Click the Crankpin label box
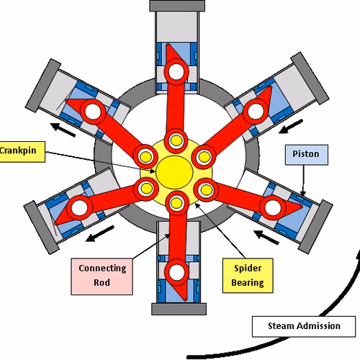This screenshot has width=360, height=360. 22,152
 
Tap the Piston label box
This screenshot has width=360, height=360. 307,155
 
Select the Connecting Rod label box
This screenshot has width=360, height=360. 102,276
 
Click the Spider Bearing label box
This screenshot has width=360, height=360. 248,276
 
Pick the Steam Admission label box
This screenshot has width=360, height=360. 304,326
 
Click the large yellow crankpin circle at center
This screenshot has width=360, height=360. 174,172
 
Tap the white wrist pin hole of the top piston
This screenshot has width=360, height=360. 176,71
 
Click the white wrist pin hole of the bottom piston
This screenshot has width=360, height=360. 177,272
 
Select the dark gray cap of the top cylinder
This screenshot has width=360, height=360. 177,6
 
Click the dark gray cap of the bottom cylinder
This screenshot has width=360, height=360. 179,309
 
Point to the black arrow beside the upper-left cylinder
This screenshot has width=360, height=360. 63,130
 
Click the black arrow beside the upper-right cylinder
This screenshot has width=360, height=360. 291,126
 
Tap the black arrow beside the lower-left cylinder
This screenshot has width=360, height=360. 100,233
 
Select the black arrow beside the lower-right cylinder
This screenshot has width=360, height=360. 266,238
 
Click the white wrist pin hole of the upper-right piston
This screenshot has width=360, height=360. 256,112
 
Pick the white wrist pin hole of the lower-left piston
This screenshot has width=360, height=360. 79,208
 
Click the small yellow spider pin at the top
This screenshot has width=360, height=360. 176,140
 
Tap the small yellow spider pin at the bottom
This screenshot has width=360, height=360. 176,203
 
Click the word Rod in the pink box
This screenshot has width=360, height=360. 102,283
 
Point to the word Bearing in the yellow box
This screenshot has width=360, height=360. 248,283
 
